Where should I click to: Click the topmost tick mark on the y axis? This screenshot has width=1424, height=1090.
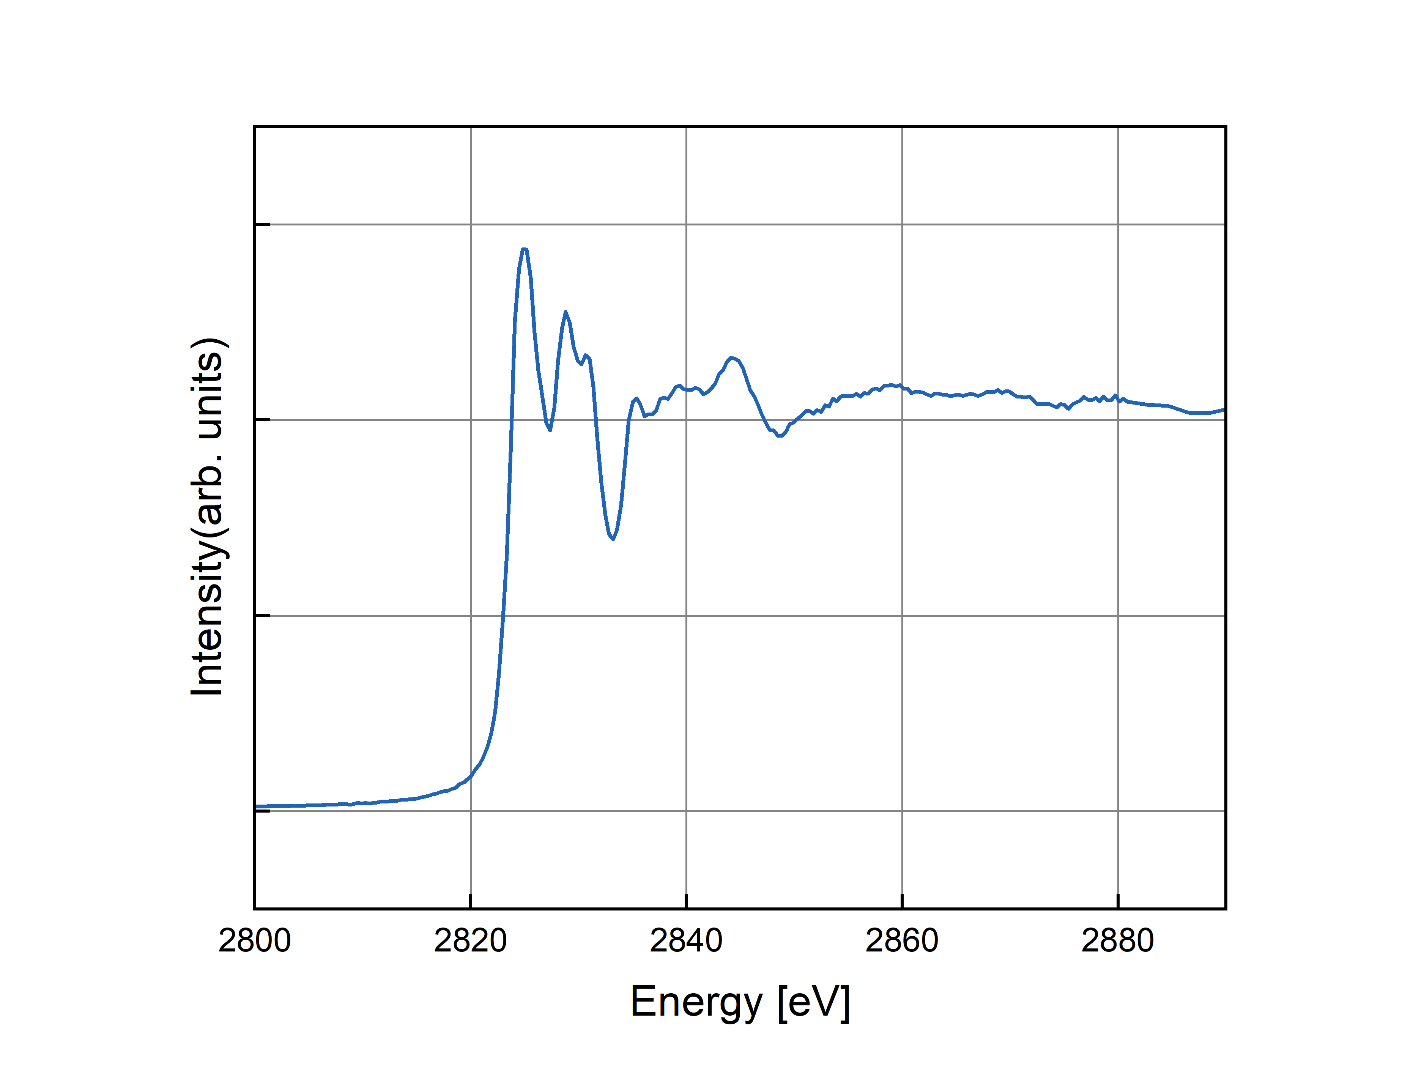coord(262,224)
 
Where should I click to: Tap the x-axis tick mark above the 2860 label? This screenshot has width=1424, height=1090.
coord(902,901)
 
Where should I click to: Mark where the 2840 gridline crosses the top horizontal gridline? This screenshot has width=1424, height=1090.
coord(686,224)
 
